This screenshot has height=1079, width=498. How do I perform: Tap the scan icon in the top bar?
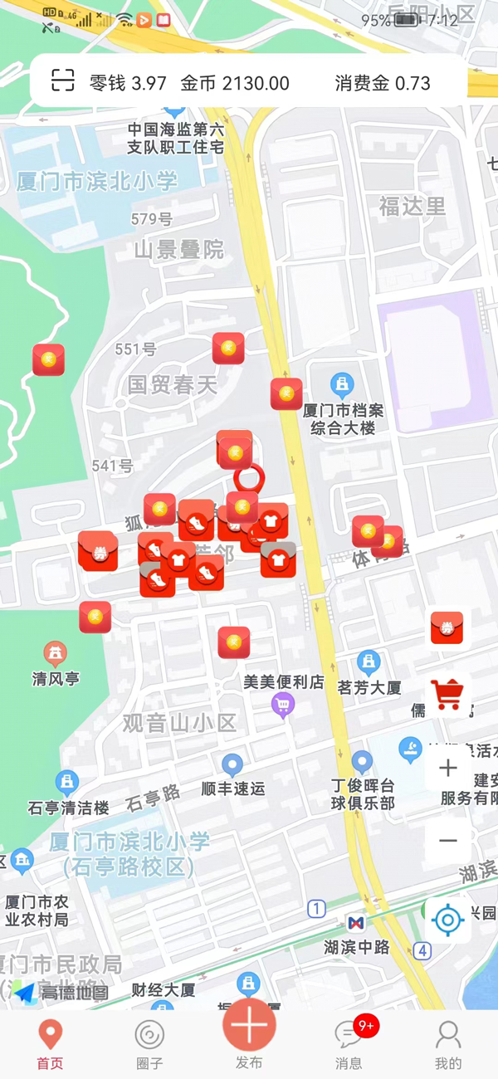point(63,81)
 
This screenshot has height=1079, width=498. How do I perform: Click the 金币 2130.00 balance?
point(235,83)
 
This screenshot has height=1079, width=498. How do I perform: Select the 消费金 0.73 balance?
point(383,83)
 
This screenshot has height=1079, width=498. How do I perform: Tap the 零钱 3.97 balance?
point(128,83)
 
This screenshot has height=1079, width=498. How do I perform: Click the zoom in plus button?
point(448,768)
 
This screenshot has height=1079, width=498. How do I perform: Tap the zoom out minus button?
point(448,840)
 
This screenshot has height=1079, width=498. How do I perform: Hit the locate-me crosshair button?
point(448,920)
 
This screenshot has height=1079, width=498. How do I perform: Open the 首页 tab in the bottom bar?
point(50,1044)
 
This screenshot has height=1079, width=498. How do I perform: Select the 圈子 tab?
point(149,1044)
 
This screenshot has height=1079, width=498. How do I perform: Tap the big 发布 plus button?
point(249,1029)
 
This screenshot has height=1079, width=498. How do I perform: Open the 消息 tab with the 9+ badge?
point(349,1044)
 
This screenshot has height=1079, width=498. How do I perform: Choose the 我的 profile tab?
point(448,1044)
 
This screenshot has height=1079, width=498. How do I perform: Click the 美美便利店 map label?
point(283,682)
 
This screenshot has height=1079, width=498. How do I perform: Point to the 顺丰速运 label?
point(233,788)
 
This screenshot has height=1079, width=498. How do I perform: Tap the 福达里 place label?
point(413,206)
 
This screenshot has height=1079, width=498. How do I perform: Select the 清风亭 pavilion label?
point(56,678)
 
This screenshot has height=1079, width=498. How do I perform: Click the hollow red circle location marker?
point(248,477)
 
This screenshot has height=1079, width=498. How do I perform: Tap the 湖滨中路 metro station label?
point(357,946)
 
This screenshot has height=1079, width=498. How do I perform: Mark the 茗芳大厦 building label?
point(369,687)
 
